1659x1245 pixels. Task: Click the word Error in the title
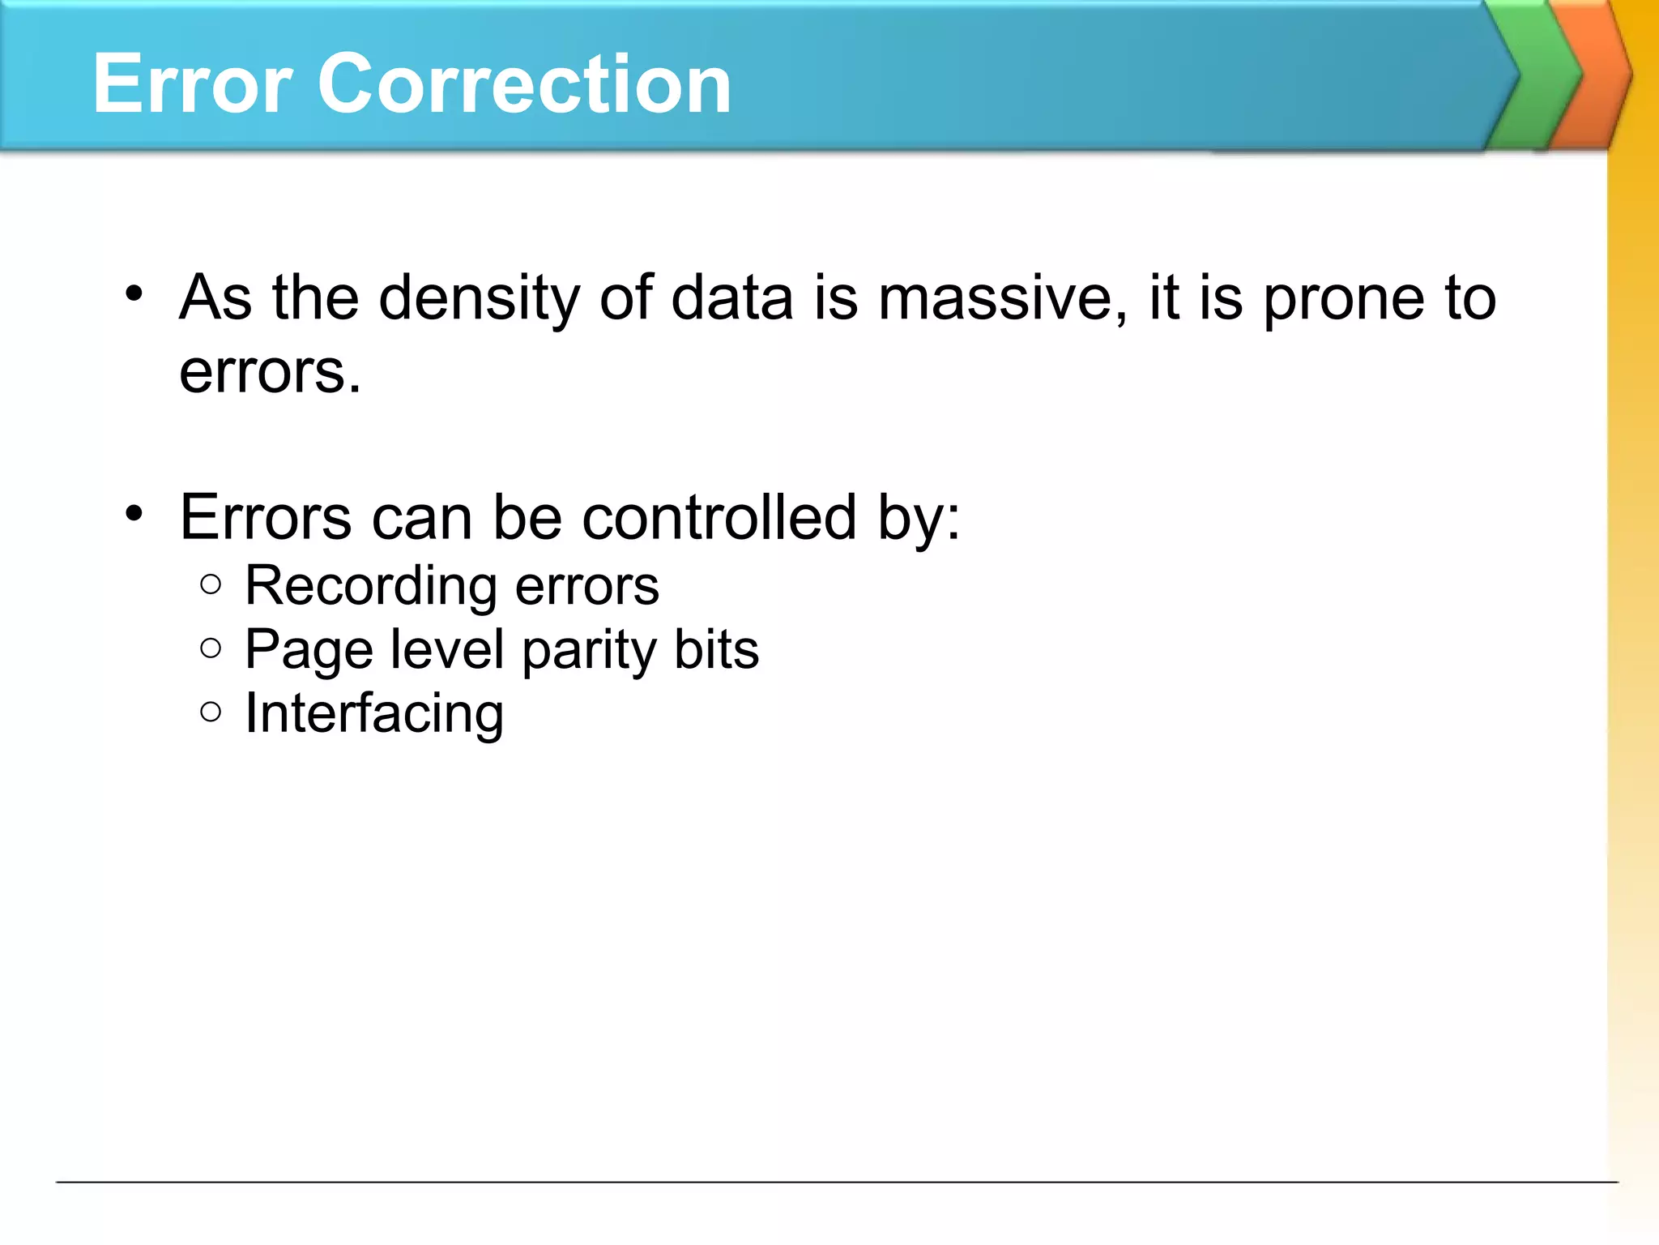point(192,83)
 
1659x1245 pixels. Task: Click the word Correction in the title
point(525,83)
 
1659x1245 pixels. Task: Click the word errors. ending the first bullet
point(270,373)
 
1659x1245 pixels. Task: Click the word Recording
point(370,587)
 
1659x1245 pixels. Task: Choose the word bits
point(717,650)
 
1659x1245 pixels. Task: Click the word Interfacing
point(374,715)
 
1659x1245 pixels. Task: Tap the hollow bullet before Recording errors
point(211,584)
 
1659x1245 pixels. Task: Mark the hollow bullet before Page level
point(211,648)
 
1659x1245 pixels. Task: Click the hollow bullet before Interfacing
point(211,712)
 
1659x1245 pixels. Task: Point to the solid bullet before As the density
point(134,293)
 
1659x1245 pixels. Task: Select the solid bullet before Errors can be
point(134,513)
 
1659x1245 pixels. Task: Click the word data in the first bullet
point(731,298)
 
